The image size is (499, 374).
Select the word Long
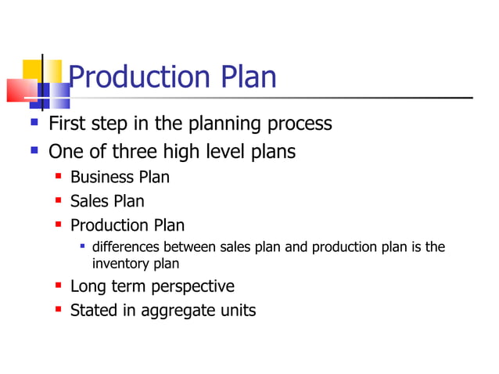[x=88, y=286]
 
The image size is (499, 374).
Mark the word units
[x=237, y=311]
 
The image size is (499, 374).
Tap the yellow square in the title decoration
[x=31, y=69]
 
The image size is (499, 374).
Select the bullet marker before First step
[x=33, y=123]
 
